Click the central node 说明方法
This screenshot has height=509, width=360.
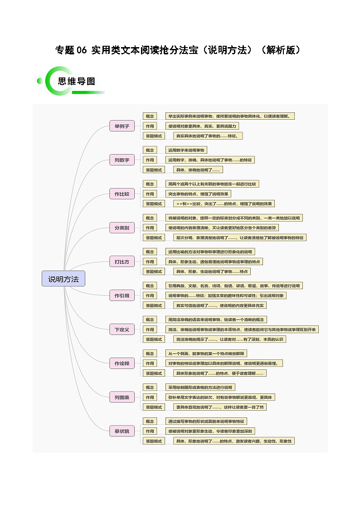(63, 279)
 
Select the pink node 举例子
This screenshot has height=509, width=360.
(122, 126)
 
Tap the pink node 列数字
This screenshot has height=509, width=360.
(122, 160)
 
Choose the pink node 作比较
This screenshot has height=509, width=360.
(122, 194)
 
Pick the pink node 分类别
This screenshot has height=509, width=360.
(122, 228)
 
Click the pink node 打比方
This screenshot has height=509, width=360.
(122, 262)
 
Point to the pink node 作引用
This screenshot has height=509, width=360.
(122, 296)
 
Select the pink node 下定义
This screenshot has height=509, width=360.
(122, 330)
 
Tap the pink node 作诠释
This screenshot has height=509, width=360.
(122, 363)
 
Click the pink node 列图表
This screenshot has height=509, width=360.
(122, 398)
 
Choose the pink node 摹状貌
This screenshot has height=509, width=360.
(122, 431)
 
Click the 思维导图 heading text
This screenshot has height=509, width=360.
(77, 82)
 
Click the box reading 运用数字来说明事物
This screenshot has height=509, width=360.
(186, 150)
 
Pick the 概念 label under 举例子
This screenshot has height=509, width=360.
(150, 116)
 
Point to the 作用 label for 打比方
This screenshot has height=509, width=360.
(150, 262)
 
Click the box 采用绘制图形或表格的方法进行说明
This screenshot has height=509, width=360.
(200, 388)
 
